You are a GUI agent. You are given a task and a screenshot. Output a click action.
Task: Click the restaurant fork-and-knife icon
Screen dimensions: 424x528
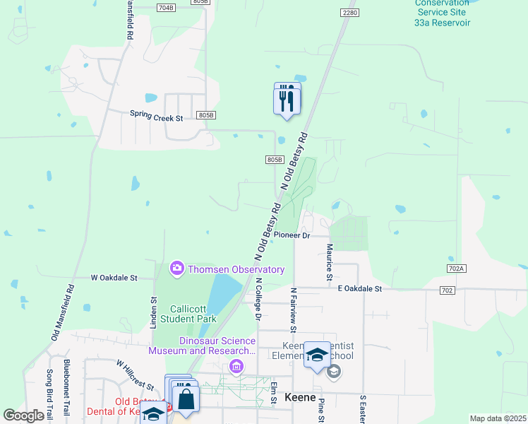(x=287, y=99)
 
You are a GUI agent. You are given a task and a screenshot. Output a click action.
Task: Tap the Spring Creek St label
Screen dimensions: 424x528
(x=156, y=114)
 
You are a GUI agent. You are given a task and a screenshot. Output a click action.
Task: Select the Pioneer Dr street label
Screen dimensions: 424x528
(x=292, y=235)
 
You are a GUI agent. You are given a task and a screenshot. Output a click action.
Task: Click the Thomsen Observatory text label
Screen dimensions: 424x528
(x=236, y=269)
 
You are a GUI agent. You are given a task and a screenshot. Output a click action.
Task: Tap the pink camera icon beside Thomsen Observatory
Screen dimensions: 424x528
(x=176, y=269)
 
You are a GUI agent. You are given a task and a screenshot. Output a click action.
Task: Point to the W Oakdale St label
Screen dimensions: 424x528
(x=114, y=278)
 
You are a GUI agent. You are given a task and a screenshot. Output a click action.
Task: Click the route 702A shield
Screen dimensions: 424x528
(x=457, y=269)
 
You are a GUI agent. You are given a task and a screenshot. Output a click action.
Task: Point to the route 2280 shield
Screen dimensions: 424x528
(x=349, y=13)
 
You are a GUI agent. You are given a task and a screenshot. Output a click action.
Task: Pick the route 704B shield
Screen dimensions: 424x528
(x=165, y=8)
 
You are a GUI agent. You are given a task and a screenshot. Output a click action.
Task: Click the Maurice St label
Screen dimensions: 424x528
(x=329, y=262)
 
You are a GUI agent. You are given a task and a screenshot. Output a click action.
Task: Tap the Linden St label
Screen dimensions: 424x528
(x=153, y=309)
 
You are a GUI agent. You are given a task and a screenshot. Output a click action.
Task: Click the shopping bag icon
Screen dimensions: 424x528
(x=186, y=399)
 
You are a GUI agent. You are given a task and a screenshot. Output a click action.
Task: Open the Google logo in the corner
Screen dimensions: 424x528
(x=23, y=416)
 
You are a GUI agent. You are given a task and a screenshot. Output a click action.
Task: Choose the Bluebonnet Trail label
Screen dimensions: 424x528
(x=67, y=387)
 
